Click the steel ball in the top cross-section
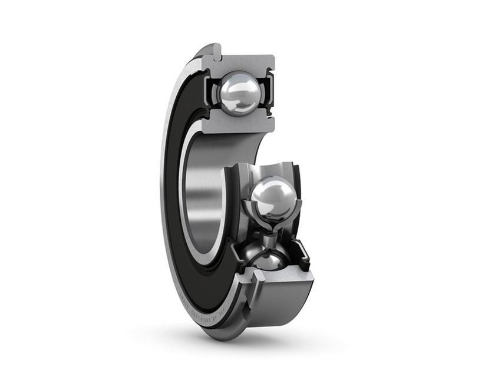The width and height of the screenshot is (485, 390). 238,91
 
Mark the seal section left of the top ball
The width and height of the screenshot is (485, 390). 207,91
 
